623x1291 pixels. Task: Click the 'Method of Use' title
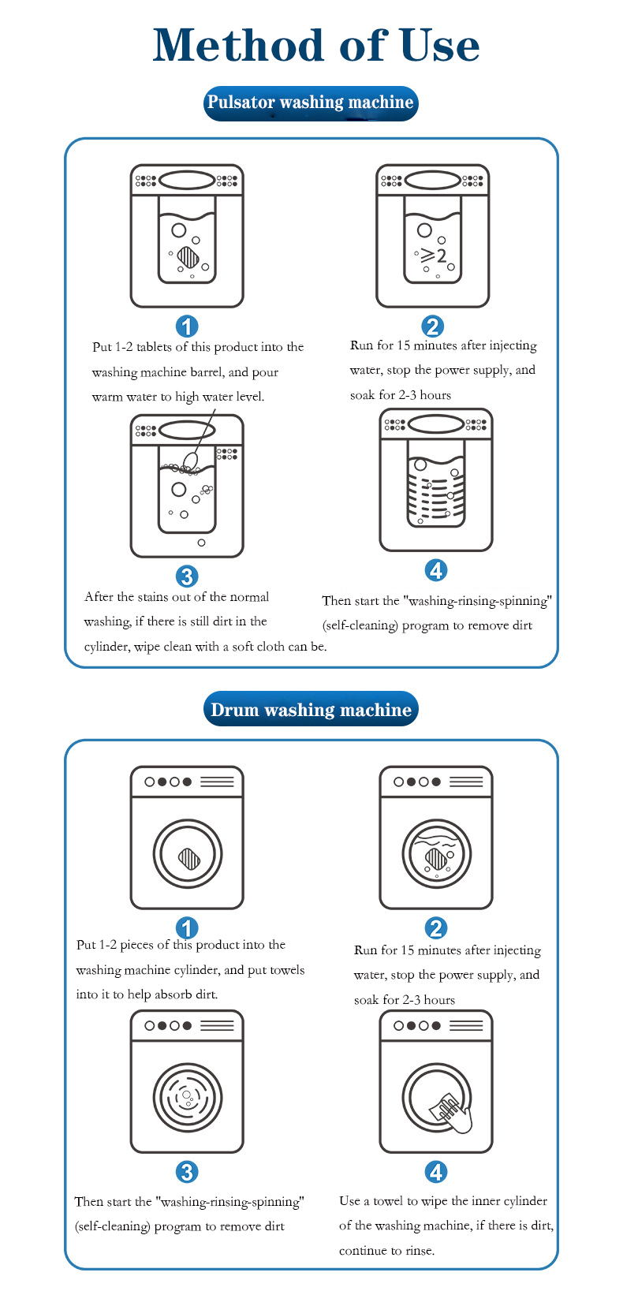[x=315, y=46]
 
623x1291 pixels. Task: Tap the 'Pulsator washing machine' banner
[x=310, y=103]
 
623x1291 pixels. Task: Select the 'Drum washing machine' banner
[x=311, y=710]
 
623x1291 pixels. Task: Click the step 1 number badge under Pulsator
[x=187, y=326]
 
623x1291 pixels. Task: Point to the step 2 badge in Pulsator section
[x=432, y=326]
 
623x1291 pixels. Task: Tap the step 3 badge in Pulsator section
[x=187, y=576]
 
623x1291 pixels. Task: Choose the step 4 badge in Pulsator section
[x=435, y=569]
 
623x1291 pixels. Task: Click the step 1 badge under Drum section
[x=187, y=927]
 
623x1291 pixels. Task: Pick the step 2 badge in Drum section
[x=435, y=927]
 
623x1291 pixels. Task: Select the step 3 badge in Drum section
[x=187, y=1171]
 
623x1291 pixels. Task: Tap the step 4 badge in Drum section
[x=435, y=1171]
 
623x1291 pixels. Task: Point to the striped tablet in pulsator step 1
[x=188, y=256]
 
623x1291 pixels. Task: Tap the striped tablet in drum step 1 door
[x=188, y=857]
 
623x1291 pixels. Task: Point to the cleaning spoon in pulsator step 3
[x=191, y=460]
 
